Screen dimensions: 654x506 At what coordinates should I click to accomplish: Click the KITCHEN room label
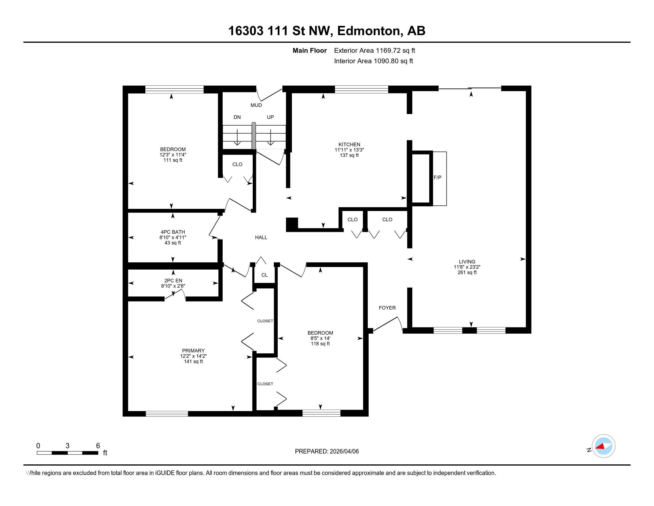coord(349,144)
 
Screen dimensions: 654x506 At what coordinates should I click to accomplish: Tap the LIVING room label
coord(467,262)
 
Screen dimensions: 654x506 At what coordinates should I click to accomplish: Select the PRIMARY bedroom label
coord(193,351)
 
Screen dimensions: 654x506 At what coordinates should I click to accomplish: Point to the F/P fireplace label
coord(437,177)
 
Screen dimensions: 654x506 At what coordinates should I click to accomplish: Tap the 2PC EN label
coord(173,281)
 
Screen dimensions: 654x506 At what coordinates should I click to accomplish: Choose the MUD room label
coord(256,105)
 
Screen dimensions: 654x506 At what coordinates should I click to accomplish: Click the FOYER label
coord(387,308)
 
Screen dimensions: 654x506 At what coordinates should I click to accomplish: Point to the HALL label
coord(261,238)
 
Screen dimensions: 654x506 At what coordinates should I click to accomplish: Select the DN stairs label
coord(237,117)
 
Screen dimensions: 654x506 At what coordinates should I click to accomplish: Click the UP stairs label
coord(270,117)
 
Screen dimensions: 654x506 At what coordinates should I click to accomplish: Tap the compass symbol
coord(603,446)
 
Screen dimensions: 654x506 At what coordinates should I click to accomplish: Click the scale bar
coord(67,453)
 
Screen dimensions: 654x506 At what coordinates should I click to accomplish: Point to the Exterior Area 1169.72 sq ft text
coord(374,51)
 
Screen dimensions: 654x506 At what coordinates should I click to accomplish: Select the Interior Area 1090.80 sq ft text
coord(373,61)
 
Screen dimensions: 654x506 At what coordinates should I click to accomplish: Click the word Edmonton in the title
coord(369,31)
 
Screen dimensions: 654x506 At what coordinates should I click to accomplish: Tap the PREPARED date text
coord(327,452)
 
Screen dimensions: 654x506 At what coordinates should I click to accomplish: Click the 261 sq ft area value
coord(467,272)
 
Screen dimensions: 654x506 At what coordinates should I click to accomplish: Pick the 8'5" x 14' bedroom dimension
coord(320,338)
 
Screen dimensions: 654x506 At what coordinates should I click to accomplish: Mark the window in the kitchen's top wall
coord(361,89)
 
